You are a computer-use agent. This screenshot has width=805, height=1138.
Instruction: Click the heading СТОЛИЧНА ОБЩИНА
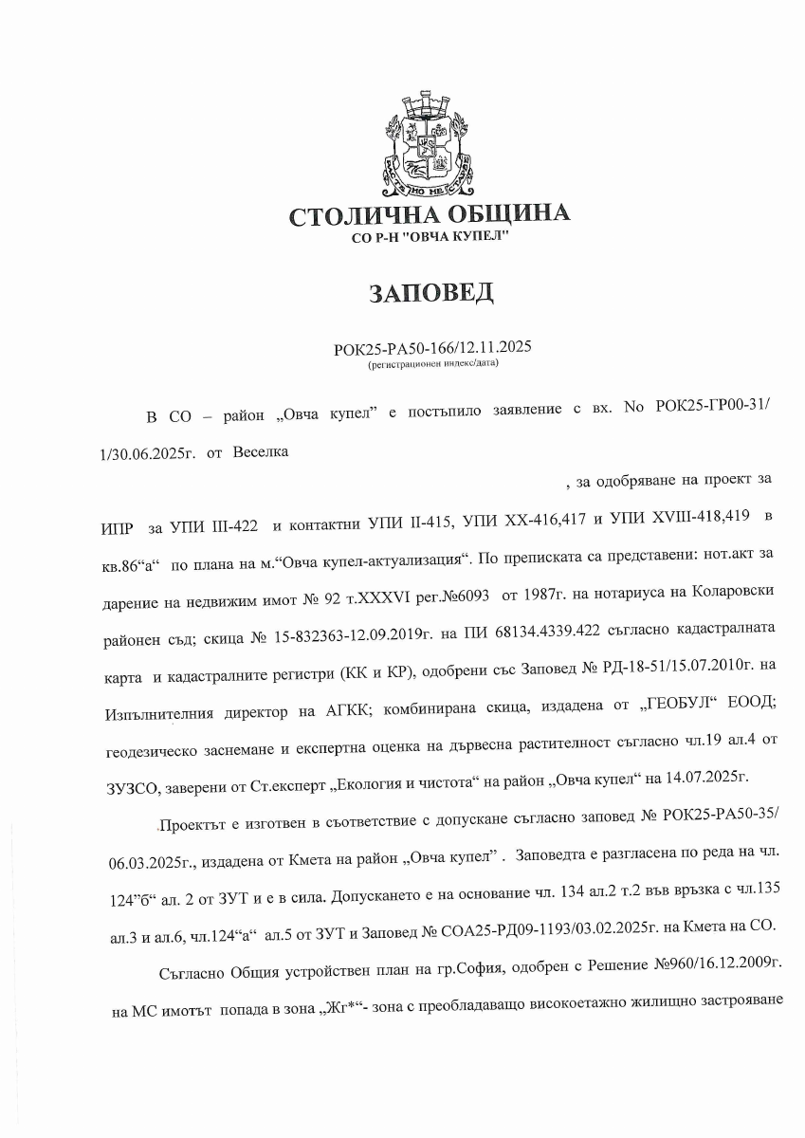click(x=430, y=215)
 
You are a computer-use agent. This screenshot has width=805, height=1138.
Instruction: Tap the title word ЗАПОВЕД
click(x=430, y=293)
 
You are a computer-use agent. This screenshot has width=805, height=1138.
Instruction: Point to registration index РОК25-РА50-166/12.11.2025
click(x=432, y=349)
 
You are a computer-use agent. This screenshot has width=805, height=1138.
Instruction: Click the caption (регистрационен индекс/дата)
click(x=432, y=363)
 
